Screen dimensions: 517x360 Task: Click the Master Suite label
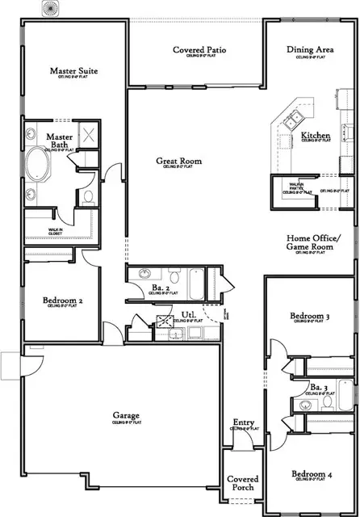pos(73,72)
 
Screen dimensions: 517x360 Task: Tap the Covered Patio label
pos(199,50)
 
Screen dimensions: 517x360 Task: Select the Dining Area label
pos(311,50)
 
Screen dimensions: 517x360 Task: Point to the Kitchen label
pos(315,136)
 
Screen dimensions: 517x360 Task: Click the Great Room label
pos(178,162)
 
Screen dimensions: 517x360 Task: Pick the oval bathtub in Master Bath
pos(37,169)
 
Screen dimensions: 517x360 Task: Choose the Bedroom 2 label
pos(61,301)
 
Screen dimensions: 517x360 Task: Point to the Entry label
pos(243,422)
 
